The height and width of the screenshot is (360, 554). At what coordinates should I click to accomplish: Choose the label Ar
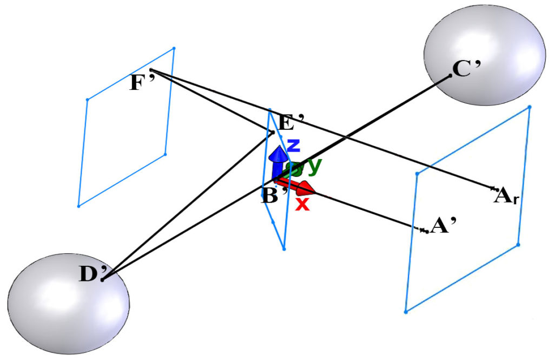coord(507,195)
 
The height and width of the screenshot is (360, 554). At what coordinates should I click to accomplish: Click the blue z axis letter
coord(293,145)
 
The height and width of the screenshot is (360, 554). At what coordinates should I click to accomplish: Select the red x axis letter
coord(303,204)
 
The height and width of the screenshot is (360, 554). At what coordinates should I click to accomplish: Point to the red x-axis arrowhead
coord(306,189)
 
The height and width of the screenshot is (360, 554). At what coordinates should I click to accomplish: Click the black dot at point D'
coord(102,279)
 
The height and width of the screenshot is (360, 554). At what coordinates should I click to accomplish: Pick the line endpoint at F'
coord(151,70)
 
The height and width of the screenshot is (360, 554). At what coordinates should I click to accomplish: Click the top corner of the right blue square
coord(529,107)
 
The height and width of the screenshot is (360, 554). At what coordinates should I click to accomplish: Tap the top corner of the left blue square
coord(174,49)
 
